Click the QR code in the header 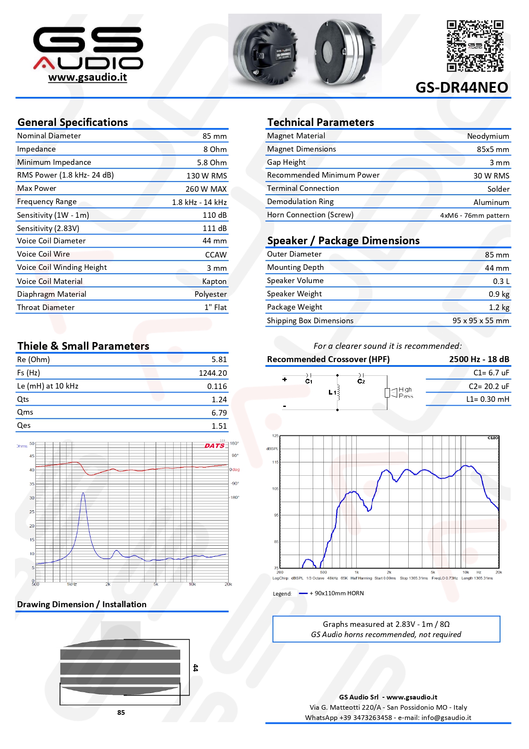coord(475,46)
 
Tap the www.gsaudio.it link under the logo coord(87,77)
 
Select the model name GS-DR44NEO coord(462,88)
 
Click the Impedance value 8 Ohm coord(215,149)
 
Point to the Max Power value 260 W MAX coord(206,189)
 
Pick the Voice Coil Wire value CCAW coord(216,255)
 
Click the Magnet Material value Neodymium coord(488,136)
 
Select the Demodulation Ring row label coord(300,202)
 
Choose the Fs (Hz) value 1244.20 coord(213,373)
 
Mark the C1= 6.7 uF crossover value coord(491,373)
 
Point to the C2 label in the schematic coord(361,381)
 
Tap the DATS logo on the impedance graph coord(214,446)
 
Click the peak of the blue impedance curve coord(83,493)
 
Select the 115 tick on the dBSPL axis coord(275,462)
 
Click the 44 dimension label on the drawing coord(195,668)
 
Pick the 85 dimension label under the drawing coord(121,713)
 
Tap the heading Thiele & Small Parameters coord(83,346)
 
